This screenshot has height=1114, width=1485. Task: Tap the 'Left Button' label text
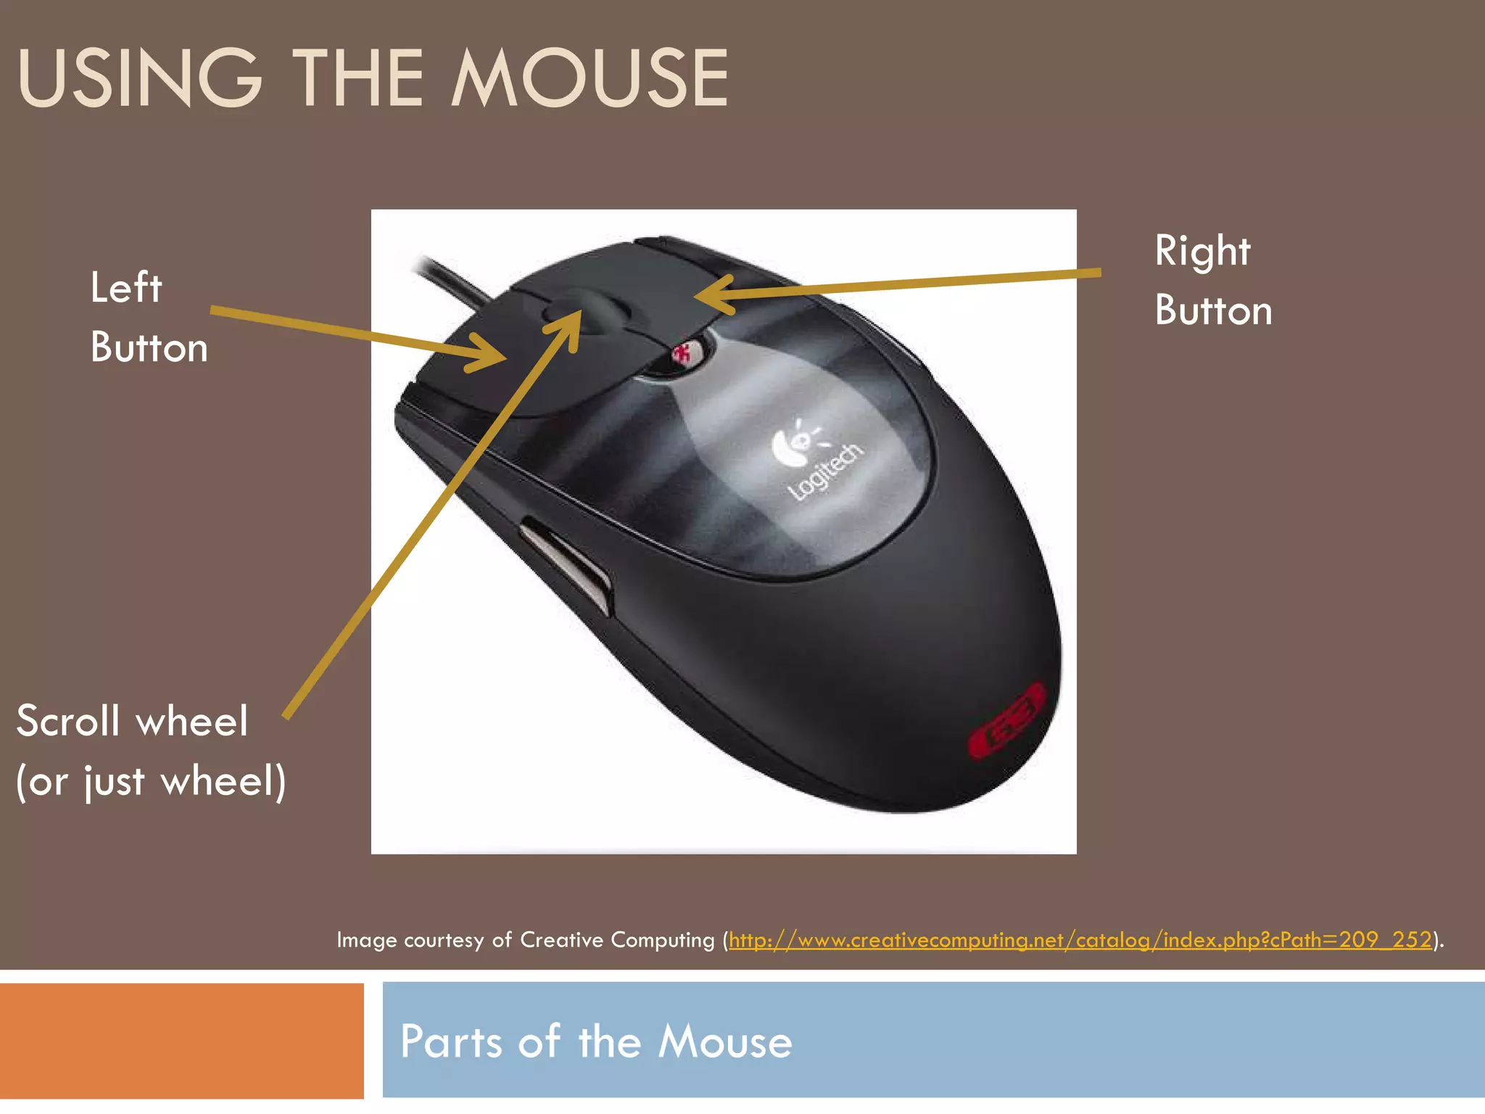[x=149, y=317]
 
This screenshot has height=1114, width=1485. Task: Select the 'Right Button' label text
[x=1213, y=280]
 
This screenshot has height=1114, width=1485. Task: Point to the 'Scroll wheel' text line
[x=132, y=721]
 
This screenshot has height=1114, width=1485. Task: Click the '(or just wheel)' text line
[x=151, y=781]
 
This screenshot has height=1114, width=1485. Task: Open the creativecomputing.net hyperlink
[x=1080, y=940]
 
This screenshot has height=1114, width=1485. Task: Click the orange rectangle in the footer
[x=181, y=1041]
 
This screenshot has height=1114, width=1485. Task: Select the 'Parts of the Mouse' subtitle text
[x=596, y=1041]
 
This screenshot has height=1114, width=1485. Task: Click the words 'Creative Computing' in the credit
[x=617, y=940]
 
